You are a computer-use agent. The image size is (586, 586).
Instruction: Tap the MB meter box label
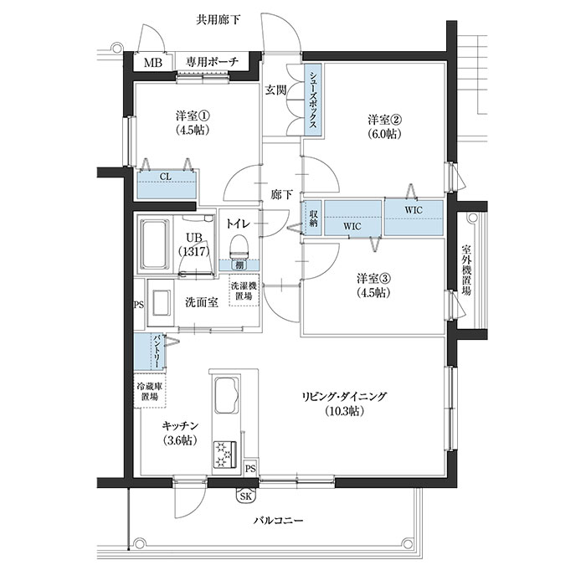click(x=153, y=63)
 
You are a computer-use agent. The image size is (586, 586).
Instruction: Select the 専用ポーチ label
click(x=213, y=63)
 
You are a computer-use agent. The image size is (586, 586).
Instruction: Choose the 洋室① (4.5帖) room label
click(x=192, y=122)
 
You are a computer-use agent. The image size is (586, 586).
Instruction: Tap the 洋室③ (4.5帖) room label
click(x=373, y=285)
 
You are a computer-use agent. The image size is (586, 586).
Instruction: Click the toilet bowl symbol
click(x=239, y=244)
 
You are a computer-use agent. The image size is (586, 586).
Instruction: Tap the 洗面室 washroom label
click(x=202, y=302)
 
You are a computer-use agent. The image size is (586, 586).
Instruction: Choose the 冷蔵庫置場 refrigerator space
click(x=151, y=391)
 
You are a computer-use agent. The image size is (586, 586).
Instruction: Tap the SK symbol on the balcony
click(x=246, y=496)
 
